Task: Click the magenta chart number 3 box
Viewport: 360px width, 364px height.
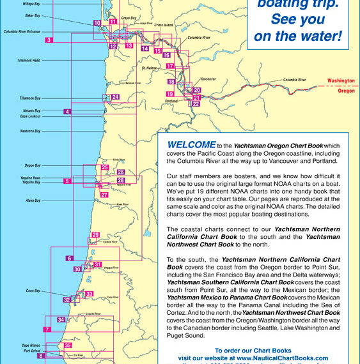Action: tap(49, 40)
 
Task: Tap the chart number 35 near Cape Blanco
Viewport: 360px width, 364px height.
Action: tap(68, 345)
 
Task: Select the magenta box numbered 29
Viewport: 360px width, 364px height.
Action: tap(95, 236)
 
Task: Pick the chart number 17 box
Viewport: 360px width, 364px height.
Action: tap(170, 66)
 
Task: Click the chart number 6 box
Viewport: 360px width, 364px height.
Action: tap(68, 259)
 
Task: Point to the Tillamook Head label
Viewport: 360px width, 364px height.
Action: tap(29, 60)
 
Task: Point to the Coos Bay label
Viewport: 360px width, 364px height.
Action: tap(33, 291)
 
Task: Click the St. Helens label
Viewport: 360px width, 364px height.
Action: tap(148, 66)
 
